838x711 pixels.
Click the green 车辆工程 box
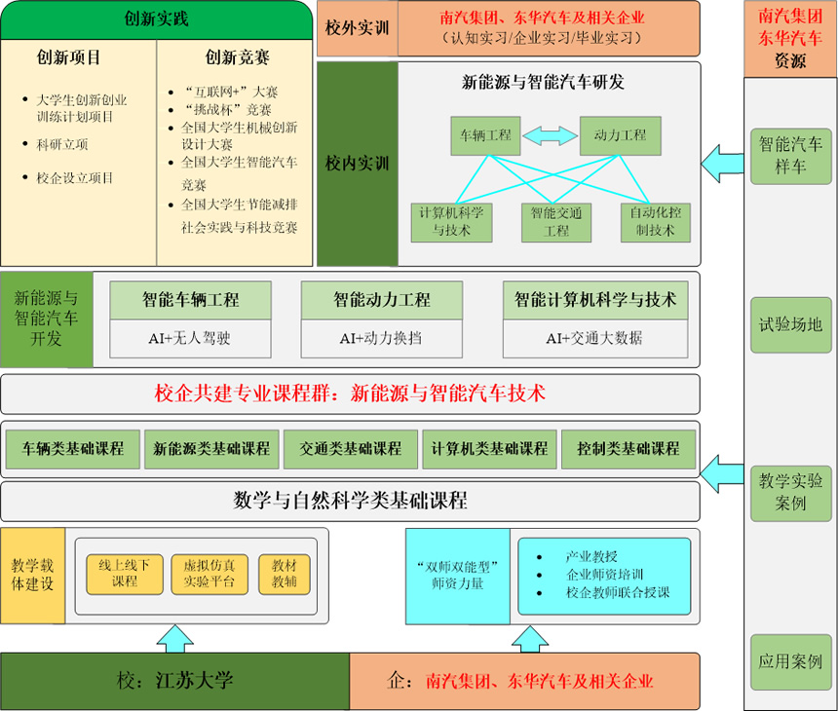[x=485, y=135]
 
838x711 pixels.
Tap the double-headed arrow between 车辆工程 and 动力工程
[x=552, y=135]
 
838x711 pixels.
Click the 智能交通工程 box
[x=556, y=222]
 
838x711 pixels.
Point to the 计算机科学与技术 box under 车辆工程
[x=451, y=222]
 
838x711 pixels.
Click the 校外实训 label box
[x=357, y=28]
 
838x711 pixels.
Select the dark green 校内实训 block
[x=357, y=163]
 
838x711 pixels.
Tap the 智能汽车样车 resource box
[x=790, y=156]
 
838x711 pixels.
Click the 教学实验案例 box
[x=790, y=492]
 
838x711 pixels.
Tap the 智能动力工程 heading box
[x=381, y=300]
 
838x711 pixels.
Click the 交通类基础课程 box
[x=350, y=450]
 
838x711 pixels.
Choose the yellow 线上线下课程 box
[x=125, y=574]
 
